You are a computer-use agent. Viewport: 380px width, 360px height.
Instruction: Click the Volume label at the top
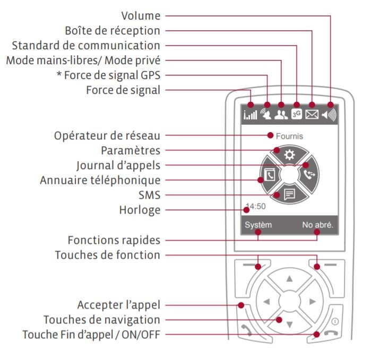tap(140, 16)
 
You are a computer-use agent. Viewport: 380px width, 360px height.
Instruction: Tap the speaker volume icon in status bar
tap(330, 114)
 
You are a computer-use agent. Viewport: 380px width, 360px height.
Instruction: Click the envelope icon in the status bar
tap(312, 114)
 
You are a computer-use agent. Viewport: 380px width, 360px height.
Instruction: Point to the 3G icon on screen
tap(297, 114)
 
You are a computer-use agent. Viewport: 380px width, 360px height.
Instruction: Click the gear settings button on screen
tap(289, 155)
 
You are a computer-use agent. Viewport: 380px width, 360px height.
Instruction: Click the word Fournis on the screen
tap(289, 136)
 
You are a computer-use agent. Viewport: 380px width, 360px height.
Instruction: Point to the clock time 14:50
tap(255, 207)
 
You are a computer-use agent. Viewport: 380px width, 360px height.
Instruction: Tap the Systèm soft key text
tap(258, 225)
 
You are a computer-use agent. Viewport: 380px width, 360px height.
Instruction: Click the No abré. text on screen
tap(318, 225)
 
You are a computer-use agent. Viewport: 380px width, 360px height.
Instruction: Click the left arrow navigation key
tap(266, 301)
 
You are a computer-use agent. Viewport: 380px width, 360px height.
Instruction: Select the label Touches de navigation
tap(101, 320)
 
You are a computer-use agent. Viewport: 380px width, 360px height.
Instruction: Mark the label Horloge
tap(140, 210)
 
